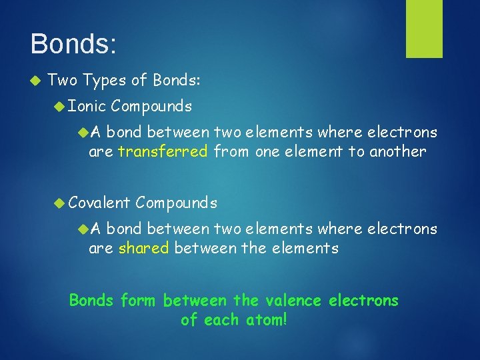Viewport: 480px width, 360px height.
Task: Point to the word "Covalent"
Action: coord(99,202)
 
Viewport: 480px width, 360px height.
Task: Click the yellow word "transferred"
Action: coord(163,151)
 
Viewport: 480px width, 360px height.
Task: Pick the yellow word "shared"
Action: coord(143,249)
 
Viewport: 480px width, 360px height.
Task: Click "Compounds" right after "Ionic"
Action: coord(152,106)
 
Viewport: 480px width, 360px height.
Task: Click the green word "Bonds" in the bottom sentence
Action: coord(91,301)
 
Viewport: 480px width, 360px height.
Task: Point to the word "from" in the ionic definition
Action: coord(231,151)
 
